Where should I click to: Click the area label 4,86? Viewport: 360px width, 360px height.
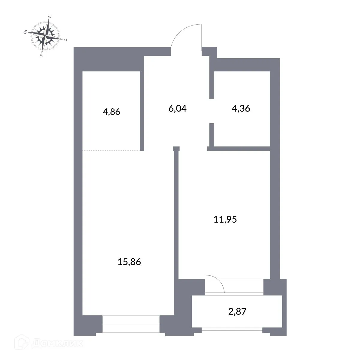coord(111,112)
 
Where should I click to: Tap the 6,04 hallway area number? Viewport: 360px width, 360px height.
coord(178,108)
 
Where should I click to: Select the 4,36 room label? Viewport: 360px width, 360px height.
coord(241,108)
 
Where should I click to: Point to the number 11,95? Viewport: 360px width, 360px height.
coord(225,220)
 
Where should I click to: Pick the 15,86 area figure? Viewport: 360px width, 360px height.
coord(129,262)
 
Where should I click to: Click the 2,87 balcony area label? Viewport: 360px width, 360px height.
coord(237,312)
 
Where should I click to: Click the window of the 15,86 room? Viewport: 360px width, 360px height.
coord(131,324)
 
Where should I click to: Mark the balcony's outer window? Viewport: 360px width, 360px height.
coord(232,330)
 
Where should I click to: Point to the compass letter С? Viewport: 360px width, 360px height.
coord(65,40)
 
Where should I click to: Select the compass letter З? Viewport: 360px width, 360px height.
coord(49,17)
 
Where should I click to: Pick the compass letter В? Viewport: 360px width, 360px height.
coord(42,56)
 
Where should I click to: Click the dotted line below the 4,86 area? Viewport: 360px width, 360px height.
coord(111,150)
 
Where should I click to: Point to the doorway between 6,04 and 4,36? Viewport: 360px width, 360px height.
coord(211,111)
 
